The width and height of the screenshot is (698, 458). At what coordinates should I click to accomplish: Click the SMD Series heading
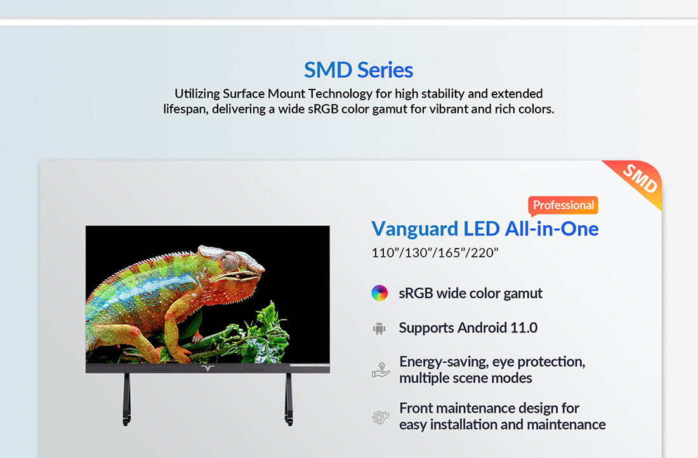pos(359,70)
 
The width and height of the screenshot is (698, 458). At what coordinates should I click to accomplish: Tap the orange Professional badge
pos(563,205)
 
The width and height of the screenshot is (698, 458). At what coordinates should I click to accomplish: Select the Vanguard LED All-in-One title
pos(485,229)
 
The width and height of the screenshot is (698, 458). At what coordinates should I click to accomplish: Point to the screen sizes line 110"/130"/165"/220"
pos(435,253)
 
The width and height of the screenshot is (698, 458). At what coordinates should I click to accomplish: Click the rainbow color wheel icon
pos(379,293)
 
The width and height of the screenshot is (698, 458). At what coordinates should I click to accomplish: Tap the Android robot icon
pos(379,329)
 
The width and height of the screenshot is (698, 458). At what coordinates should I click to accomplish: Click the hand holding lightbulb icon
pos(381,370)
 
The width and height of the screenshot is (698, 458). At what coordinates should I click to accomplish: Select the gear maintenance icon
pos(381,417)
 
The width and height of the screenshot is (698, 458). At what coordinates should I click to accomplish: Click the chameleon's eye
pos(230,261)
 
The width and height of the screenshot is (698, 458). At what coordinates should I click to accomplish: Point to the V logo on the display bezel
pos(208,368)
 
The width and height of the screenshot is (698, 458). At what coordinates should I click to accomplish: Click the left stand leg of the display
pos(127,399)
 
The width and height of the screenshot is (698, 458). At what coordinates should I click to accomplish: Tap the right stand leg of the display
pos(289,399)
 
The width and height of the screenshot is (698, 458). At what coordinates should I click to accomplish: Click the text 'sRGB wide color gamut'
pos(471,293)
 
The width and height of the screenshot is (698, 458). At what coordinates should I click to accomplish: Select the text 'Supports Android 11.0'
pos(468,327)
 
